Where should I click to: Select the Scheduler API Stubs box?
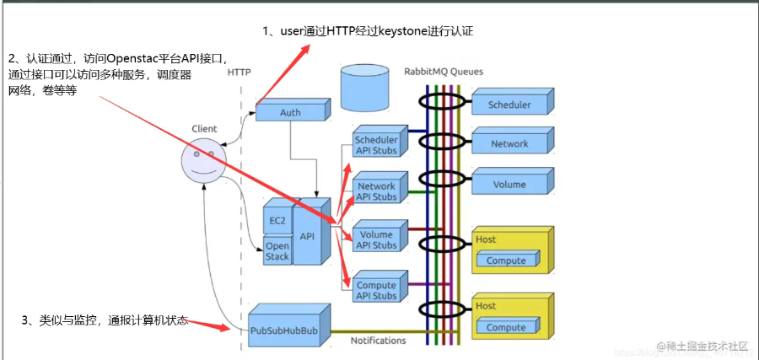[375, 145]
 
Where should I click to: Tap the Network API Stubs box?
[375, 191]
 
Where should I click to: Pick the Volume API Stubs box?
[375, 240]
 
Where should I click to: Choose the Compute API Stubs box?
[375, 291]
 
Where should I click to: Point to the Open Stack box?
[277, 251]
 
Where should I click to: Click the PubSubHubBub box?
[284, 331]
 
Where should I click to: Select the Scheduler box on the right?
[509, 105]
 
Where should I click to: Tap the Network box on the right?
[509, 144]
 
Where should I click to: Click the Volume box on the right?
[509, 184]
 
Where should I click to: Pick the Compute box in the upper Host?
[505, 261]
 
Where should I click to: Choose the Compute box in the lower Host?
[505, 327]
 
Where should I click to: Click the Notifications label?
[378, 341]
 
